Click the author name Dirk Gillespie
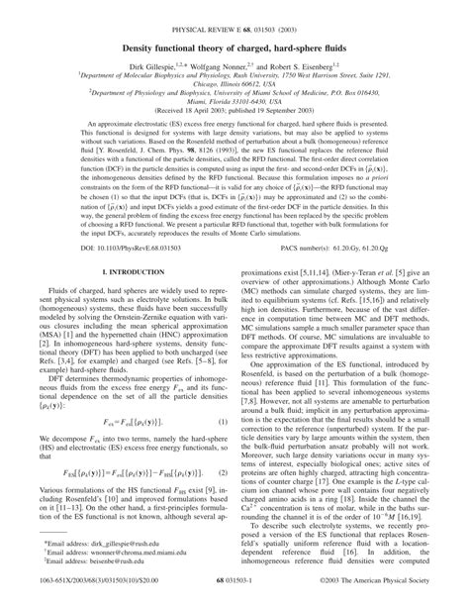154,58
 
